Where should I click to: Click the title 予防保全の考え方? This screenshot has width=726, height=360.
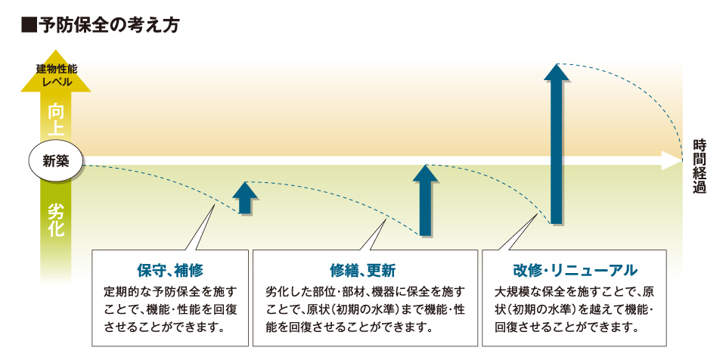click(108, 25)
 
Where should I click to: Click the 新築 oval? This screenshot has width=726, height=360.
click(56, 161)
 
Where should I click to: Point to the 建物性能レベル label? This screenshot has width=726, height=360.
click(56, 76)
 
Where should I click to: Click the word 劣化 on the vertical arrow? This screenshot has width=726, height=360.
click(56, 221)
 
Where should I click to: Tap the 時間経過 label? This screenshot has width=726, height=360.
click(699, 167)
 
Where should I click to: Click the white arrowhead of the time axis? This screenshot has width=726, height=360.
click(671, 161)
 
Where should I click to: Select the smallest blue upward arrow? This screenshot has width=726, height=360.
click(245, 197)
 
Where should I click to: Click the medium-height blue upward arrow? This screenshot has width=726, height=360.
click(425, 200)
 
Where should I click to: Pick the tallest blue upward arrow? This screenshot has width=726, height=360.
click(557, 144)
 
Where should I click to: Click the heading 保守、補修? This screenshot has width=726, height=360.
click(170, 270)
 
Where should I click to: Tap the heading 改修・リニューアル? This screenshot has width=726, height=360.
click(575, 270)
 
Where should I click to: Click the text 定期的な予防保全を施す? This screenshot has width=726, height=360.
click(170, 292)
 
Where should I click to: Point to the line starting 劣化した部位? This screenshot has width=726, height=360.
click(365, 292)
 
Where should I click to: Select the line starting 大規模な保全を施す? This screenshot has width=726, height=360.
click(574, 292)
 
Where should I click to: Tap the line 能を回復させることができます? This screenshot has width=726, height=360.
click(346, 328)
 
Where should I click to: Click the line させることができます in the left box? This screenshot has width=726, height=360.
click(166, 328)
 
